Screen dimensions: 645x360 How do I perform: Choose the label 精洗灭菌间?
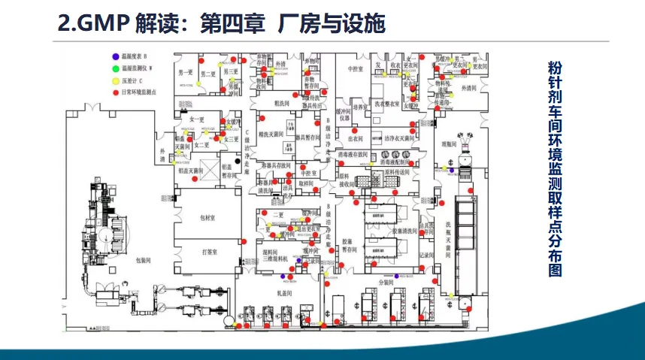268,135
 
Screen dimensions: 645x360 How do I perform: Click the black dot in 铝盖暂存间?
236,161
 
